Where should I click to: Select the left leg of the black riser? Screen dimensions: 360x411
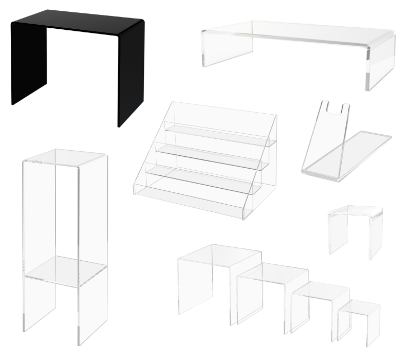coord(29,64)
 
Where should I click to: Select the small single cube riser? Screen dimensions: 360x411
coord(356,226)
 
